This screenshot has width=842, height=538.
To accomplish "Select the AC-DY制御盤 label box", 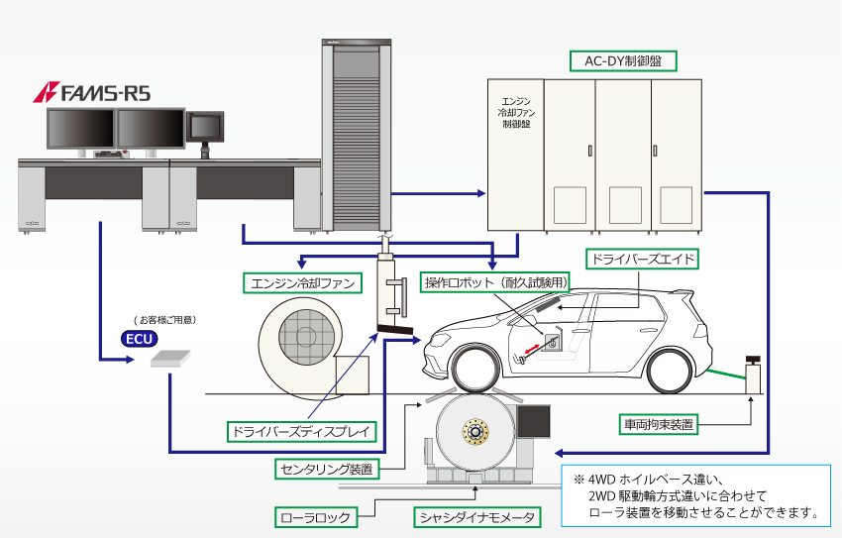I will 623,60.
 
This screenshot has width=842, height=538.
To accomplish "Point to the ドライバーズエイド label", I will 643,259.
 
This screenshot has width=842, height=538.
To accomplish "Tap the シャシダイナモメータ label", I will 476,516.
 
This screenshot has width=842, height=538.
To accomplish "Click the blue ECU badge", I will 139,338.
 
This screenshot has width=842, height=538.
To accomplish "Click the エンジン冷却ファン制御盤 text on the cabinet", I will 517,113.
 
